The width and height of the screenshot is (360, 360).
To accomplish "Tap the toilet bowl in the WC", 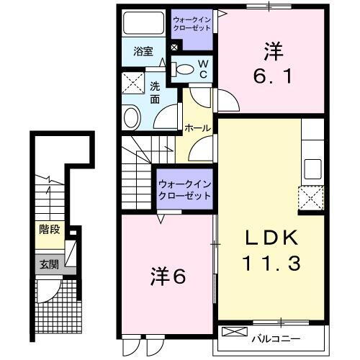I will click(184, 70).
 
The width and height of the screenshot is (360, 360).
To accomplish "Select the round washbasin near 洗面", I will click(132, 116).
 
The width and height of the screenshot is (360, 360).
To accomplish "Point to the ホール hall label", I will click(198, 128).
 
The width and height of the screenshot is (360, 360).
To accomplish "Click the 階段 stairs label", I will click(50, 232).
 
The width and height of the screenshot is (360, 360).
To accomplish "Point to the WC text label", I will click(203, 70).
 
